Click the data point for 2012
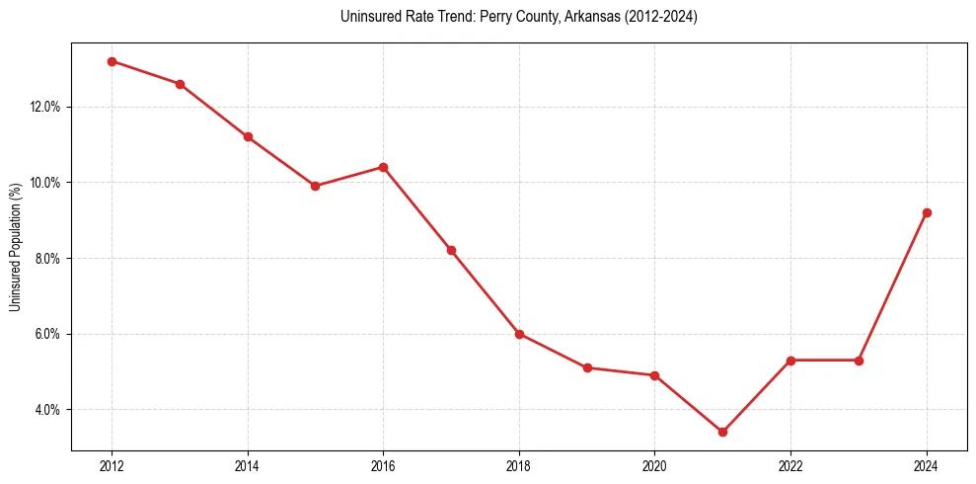(x=112, y=61)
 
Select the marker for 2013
(x=180, y=84)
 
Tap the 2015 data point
(x=315, y=186)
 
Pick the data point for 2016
(x=383, y=167)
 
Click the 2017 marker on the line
(x=451, y=250)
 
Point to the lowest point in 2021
(x=722, y=432)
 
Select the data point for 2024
(x=927, y=212)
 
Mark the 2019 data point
(x=587, y=367)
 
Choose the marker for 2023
(x=859, y=361)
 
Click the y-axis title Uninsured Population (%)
(x=15, y=247)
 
